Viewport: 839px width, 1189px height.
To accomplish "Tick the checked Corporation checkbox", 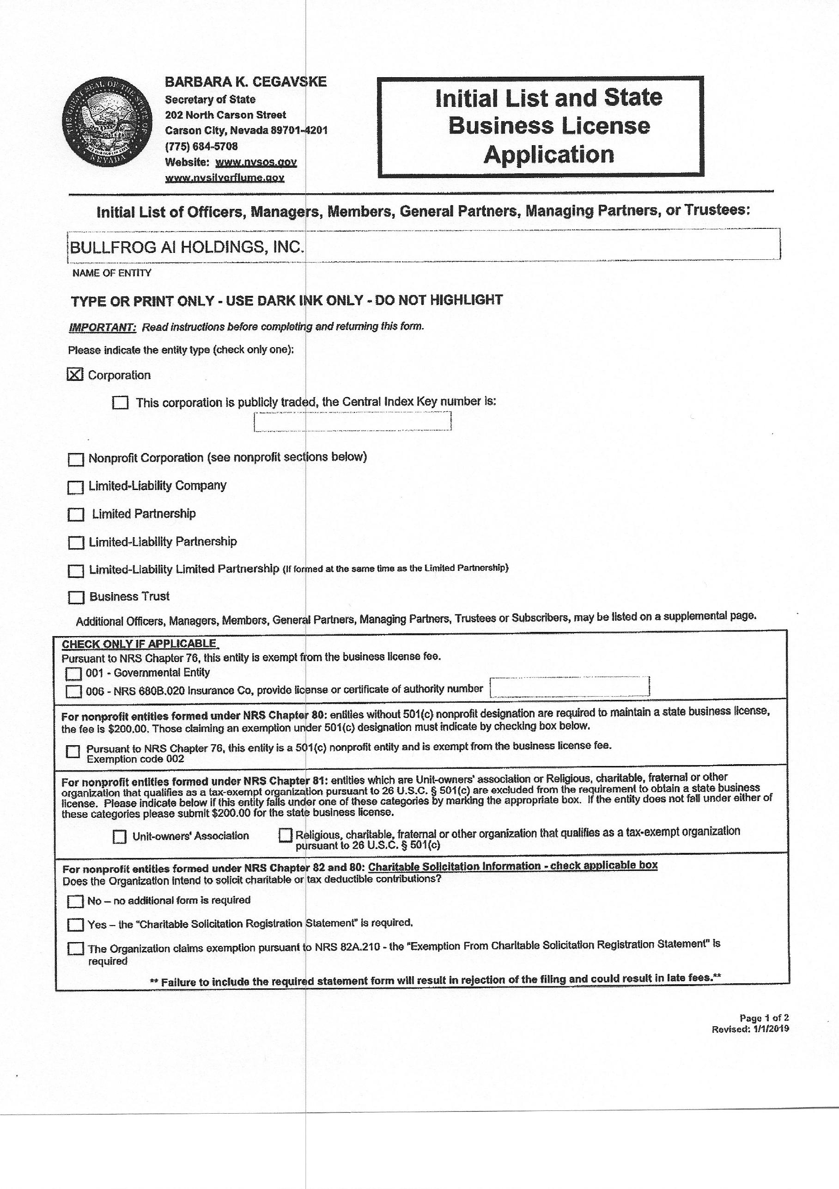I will click(x=75, y=374).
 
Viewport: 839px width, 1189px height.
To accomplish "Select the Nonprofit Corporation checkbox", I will click(x=76, y=460).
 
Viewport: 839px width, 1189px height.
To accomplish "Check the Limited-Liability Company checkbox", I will click(x=76, y=487).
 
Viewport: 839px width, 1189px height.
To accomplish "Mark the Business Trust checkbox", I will click(x=76, y=598).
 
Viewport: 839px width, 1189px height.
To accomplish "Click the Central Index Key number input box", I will click(x=352, y=421).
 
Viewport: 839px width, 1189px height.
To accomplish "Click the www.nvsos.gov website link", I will click(x=255, y=162).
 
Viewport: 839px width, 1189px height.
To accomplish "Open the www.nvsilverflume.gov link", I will click(x=225, y=178).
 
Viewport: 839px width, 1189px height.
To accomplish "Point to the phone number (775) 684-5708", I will click(x=201, y=146).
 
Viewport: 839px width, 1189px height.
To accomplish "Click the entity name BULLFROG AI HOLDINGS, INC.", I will click(x=186, y=247).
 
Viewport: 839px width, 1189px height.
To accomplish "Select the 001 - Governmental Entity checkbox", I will click(x=73, y=674).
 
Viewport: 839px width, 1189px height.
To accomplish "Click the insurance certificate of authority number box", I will click(x=569, y=686).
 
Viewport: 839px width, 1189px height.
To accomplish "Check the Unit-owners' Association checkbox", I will click(x=120, y=836).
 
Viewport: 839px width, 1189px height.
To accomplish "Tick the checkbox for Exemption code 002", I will click(x=73, y=751).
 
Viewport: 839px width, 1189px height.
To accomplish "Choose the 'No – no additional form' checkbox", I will click(x=76, y=901).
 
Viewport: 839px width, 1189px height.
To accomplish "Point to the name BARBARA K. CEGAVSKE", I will click(x=246, y=82).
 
